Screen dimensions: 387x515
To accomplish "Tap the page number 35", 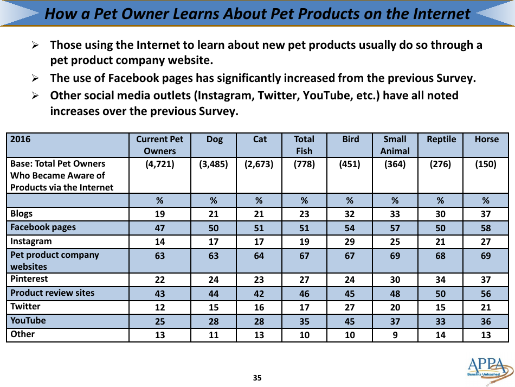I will [x=257, y=378].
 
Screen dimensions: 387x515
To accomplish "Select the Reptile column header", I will [x=441, y=139].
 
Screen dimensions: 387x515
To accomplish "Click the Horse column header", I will [x=486, y=139].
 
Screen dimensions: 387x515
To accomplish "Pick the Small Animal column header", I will [x=395, y=145].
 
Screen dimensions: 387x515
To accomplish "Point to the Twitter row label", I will [x=25, y=307].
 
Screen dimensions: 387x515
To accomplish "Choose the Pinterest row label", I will [x=29, y=279].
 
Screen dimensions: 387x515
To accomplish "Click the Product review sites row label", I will [x=53, y=293].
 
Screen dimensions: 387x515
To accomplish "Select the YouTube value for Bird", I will [x=350, y=321].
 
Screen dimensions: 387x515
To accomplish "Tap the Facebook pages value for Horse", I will [x=486, y=228].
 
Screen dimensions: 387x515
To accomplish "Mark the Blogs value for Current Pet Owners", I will [x=160, y=214].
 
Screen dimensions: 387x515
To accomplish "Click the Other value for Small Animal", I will [x=395, y=335].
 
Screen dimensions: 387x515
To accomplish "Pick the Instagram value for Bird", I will [x=350, y=242].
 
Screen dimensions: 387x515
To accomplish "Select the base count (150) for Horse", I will [x=486, y=164].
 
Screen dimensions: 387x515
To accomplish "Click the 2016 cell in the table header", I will [x=21, y=139].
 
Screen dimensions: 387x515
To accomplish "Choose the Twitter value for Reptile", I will [x=441, y=307].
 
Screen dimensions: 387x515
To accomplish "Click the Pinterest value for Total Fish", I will [x=305, y=280].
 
